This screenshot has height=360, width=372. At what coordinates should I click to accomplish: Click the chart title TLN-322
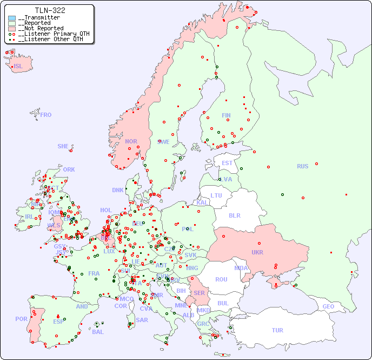tap(50, 10)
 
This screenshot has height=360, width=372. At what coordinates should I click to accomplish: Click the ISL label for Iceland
tap(18, 67)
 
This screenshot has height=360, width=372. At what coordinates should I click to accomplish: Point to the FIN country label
tap(226, 115)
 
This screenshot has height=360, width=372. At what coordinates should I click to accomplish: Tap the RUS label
tap(302, 166)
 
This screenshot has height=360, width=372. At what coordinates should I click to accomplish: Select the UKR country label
tap(257, 252)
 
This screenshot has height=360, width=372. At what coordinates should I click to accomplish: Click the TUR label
tap(277, 330)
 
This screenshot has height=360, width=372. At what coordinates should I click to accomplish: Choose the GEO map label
tap(328, 306)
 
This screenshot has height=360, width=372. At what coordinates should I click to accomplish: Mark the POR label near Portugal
tap(21, 319)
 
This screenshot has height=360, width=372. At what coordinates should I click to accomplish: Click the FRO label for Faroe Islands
tap(46, 115)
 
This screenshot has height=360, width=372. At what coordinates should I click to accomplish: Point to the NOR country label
tap(131, 141)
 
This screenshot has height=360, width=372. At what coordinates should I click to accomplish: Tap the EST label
tap(227, 163)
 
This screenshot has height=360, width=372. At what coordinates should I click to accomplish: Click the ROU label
tap(221, 279)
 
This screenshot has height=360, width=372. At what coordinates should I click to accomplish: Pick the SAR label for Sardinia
tap(142, 320)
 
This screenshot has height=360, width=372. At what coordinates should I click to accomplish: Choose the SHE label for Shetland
tap(63, 146)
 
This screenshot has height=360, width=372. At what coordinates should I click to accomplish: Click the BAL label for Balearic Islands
tap(98, 332)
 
